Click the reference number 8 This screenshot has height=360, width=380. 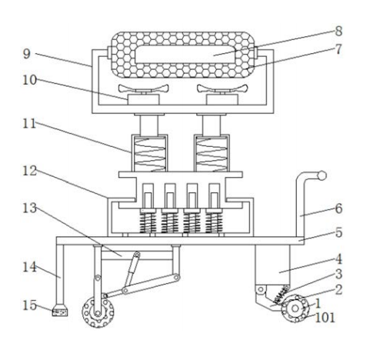coord(338,32)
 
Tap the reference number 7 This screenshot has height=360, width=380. coord(338,49)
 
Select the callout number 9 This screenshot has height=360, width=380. coord(27,54)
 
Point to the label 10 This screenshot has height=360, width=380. coord(30,80)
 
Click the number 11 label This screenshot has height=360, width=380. coord(29,124)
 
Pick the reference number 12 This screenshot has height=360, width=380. coord(30,171)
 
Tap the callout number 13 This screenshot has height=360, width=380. coord(30,208)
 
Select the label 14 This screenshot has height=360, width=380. coord(30,267)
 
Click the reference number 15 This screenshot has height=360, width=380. coord(30,305)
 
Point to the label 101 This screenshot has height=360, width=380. coord(325,318)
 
